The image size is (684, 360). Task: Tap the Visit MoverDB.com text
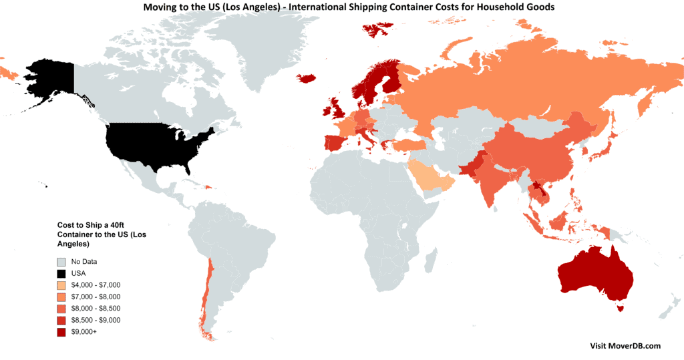pyautogui.click(x=625, y=346)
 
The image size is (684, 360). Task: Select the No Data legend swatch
pyautogui.click(x=61, y=262)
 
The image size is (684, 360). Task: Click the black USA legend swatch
pyautogui.click(x=61, y=273)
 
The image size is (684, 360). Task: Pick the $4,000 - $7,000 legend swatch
pyautogui.click(x=61, y=285)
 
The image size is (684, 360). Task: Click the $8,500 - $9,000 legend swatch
pyautogui.click(x=61, y=320)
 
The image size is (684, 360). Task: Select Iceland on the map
pyautogui.click(x=307, y=78)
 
